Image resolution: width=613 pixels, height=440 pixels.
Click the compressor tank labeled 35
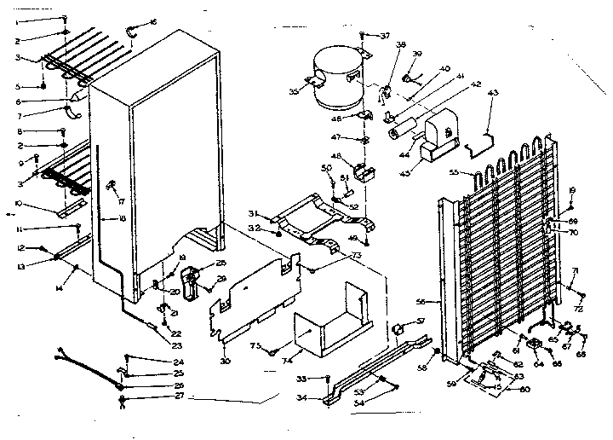tap(332, 79)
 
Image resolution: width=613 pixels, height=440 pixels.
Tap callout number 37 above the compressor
tap(386, 35)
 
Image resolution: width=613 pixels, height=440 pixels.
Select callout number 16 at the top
tap(153, 21)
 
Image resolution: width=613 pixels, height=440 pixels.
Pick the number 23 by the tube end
tap(176, 344)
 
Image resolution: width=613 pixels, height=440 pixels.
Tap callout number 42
tap(476, 84)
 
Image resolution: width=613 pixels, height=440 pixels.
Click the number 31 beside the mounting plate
tap(253, 213)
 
